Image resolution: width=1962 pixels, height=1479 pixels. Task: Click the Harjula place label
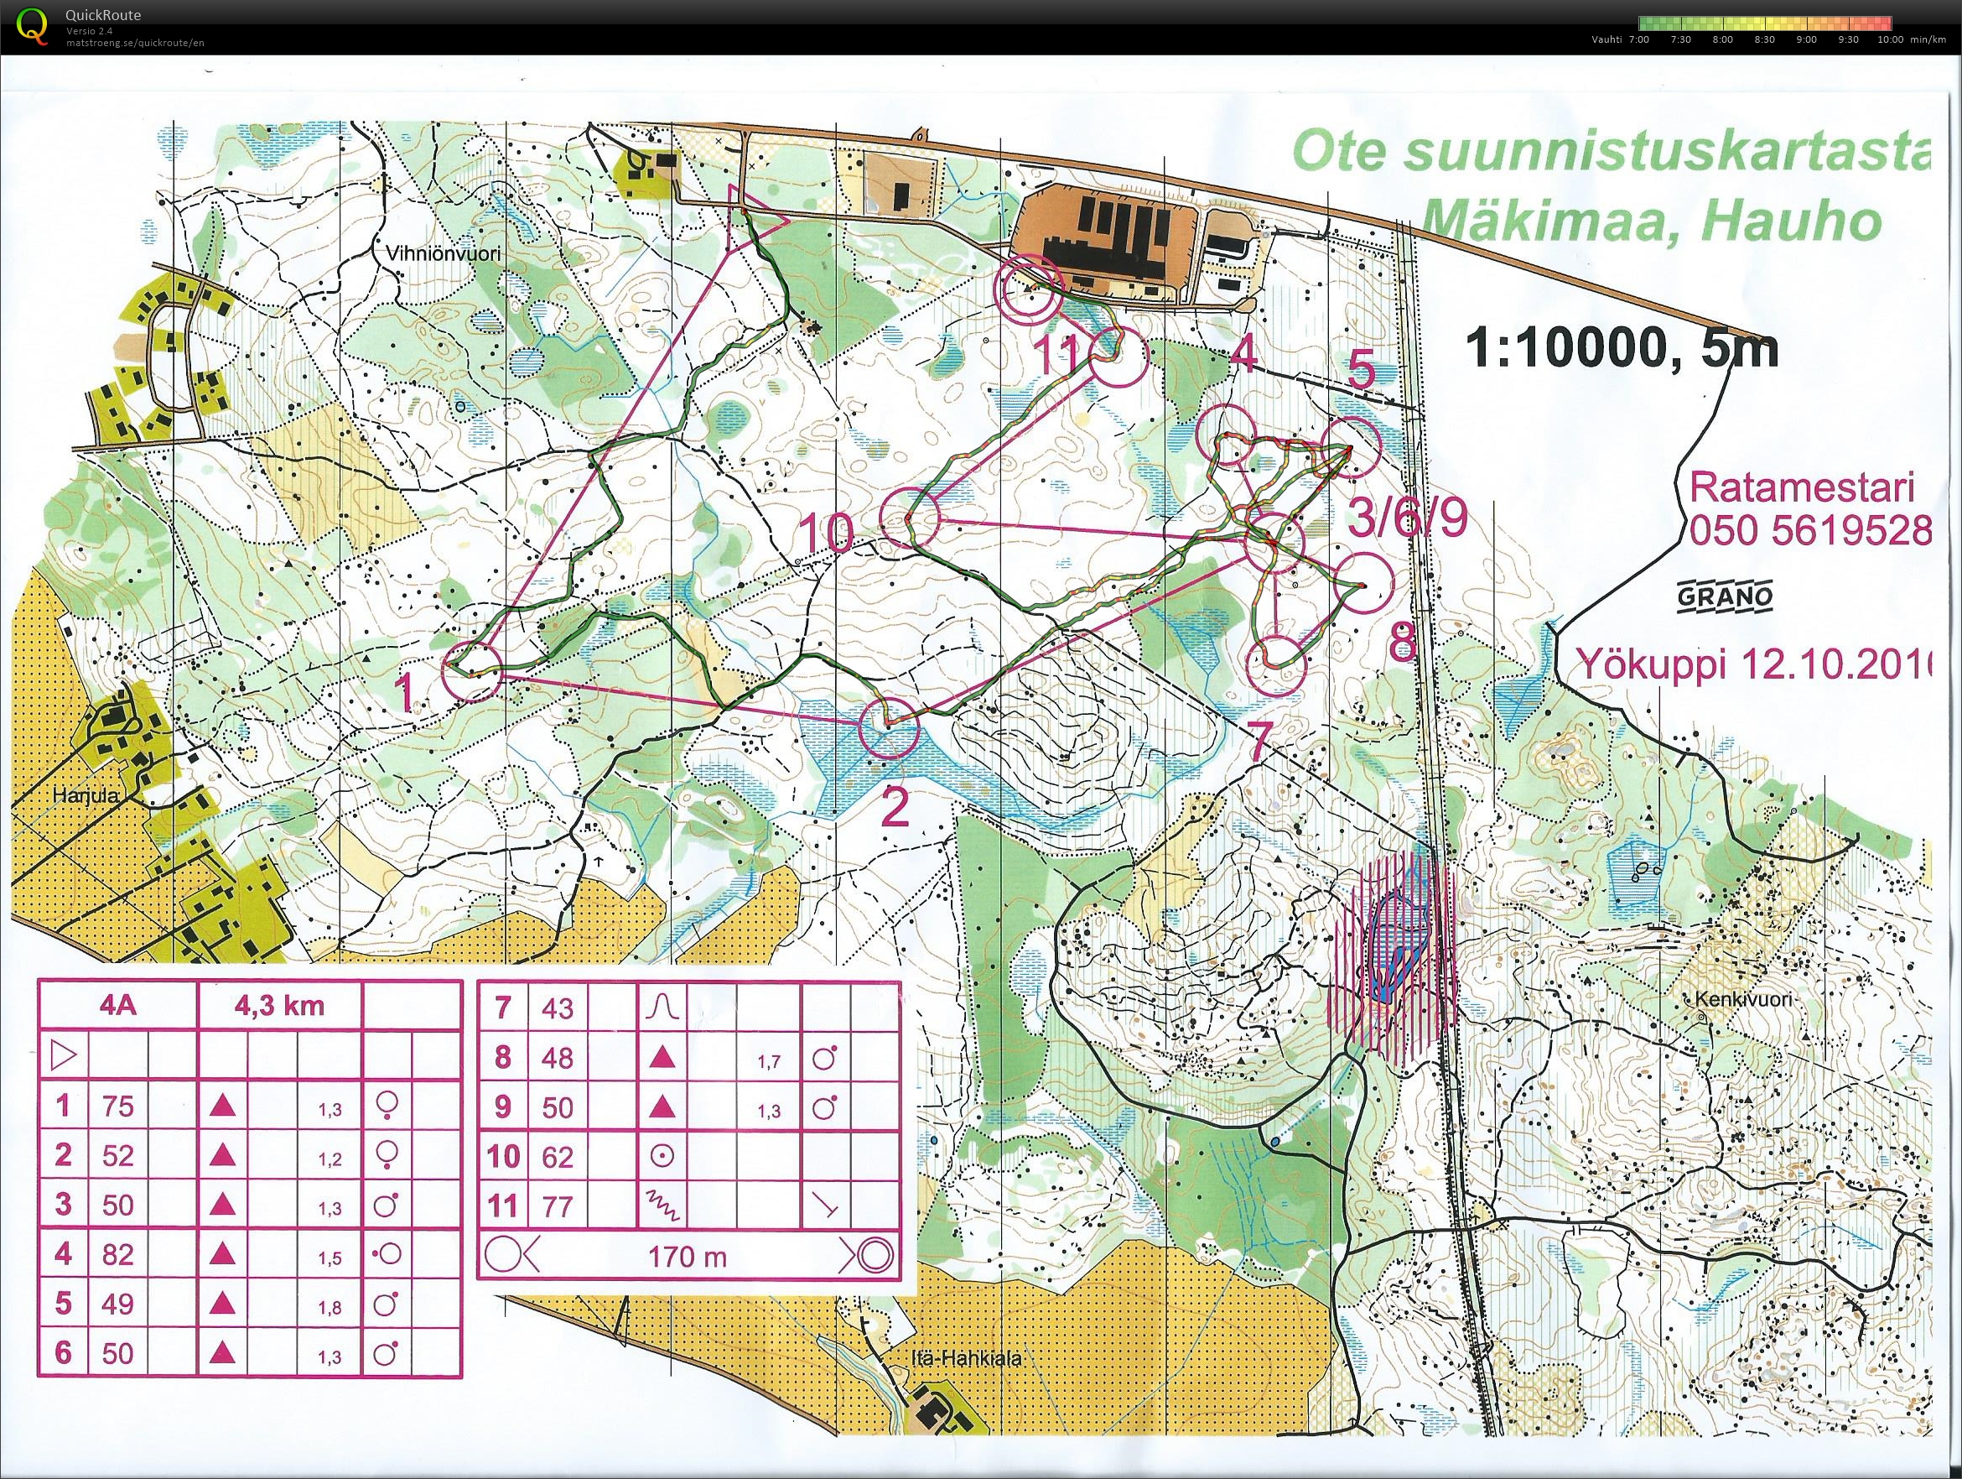[86, 795]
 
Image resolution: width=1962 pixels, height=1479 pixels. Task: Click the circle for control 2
[889, 727]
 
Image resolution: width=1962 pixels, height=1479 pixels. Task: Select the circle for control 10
[913, 518]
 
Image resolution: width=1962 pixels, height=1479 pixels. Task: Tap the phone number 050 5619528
[1810, 531]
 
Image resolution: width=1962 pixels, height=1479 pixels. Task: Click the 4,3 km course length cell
[278, 1005]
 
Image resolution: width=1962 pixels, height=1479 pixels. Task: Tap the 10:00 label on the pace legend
[1889, 39]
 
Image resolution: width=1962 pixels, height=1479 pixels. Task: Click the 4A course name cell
[117, 1005]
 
